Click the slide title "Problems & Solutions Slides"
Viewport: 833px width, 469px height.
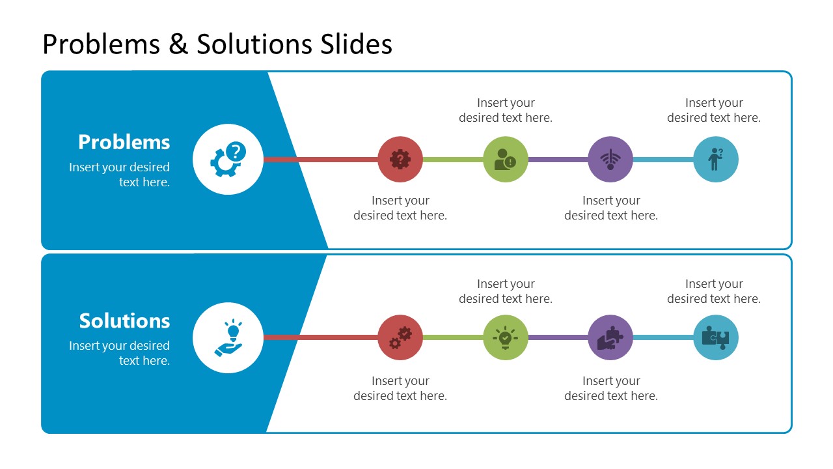coord(217,44)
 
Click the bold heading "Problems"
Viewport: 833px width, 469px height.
coord(124,142)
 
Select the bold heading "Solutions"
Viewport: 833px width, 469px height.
coord(124,320)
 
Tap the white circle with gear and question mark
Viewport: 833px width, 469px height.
coord(228,159)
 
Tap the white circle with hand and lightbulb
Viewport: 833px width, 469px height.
coord(228,337)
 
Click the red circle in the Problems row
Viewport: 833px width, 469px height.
coord(400,159)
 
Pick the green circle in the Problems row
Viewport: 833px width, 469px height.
coord(506,159)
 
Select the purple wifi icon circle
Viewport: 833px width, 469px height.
coord(610,159)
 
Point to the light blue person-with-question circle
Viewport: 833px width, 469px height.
coord(716,159)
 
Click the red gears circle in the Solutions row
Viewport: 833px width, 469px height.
coord(400,337)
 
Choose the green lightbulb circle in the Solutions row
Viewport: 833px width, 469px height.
coord(506,337)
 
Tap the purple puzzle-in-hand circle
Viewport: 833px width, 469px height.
coord(610,337)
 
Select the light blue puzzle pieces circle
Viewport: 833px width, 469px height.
coord(716,337)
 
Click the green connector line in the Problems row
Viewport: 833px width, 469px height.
coord(453,159)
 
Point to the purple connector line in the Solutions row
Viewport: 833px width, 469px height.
coord(558,337)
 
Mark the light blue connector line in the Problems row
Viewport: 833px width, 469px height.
coord(663,159)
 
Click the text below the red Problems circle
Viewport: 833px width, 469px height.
coord(400,208)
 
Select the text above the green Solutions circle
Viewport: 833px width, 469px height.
coord(506,291)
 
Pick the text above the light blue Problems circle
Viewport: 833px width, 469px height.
coord(714,110)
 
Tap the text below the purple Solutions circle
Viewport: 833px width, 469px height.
coord(611,388)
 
